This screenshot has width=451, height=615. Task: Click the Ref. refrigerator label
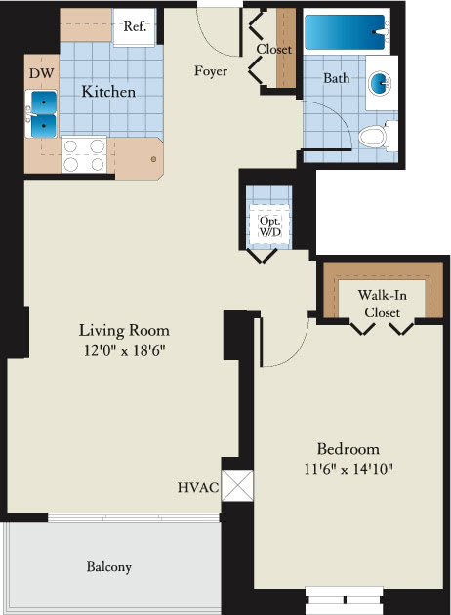coord(135,26)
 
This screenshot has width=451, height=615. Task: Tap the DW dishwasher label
coord(42,73)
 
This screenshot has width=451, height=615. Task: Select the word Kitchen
coord(108,92)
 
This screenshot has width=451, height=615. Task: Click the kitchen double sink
coord(41,114)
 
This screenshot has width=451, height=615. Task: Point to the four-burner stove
coord(84,154)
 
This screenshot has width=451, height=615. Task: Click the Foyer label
coord(211,71)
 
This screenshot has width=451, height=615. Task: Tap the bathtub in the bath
coord(347,32)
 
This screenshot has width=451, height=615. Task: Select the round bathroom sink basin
coord(380,82)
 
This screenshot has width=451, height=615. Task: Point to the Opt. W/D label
coord(270,226)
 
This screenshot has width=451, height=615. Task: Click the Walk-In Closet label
coord(382,304)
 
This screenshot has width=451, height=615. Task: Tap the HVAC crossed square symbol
coord(237,485)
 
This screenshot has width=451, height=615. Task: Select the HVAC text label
coord(198,487)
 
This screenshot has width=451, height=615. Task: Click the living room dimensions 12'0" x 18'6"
coord(124,350)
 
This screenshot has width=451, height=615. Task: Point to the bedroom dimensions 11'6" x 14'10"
coord(348,469)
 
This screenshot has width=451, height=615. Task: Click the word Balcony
coord(109,567)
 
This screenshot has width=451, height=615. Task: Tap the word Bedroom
coord(348,449)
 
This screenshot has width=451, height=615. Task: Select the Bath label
coord(336,78)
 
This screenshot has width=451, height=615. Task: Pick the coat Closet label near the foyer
coord(274,50)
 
